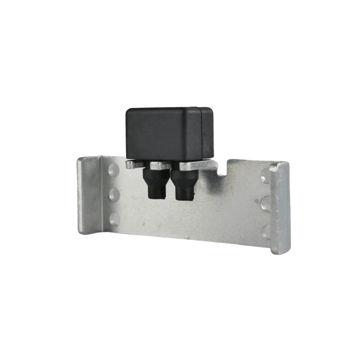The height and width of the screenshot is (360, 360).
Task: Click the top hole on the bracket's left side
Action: point(114,169)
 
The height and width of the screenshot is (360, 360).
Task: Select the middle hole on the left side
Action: point(114,194)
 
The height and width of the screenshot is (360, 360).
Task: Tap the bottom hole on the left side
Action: point(114,219)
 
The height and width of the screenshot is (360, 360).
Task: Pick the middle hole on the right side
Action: point(265,203)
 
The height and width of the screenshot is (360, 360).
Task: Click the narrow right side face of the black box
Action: point(207,133)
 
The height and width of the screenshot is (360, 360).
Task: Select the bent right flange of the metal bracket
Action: point(280,207)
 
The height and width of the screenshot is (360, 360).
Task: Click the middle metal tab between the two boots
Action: point(160,165)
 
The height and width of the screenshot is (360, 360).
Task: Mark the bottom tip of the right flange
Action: point(280,251)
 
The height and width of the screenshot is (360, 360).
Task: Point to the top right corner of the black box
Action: point(212,109)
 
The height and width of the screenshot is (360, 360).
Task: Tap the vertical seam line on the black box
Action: point(201,134)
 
